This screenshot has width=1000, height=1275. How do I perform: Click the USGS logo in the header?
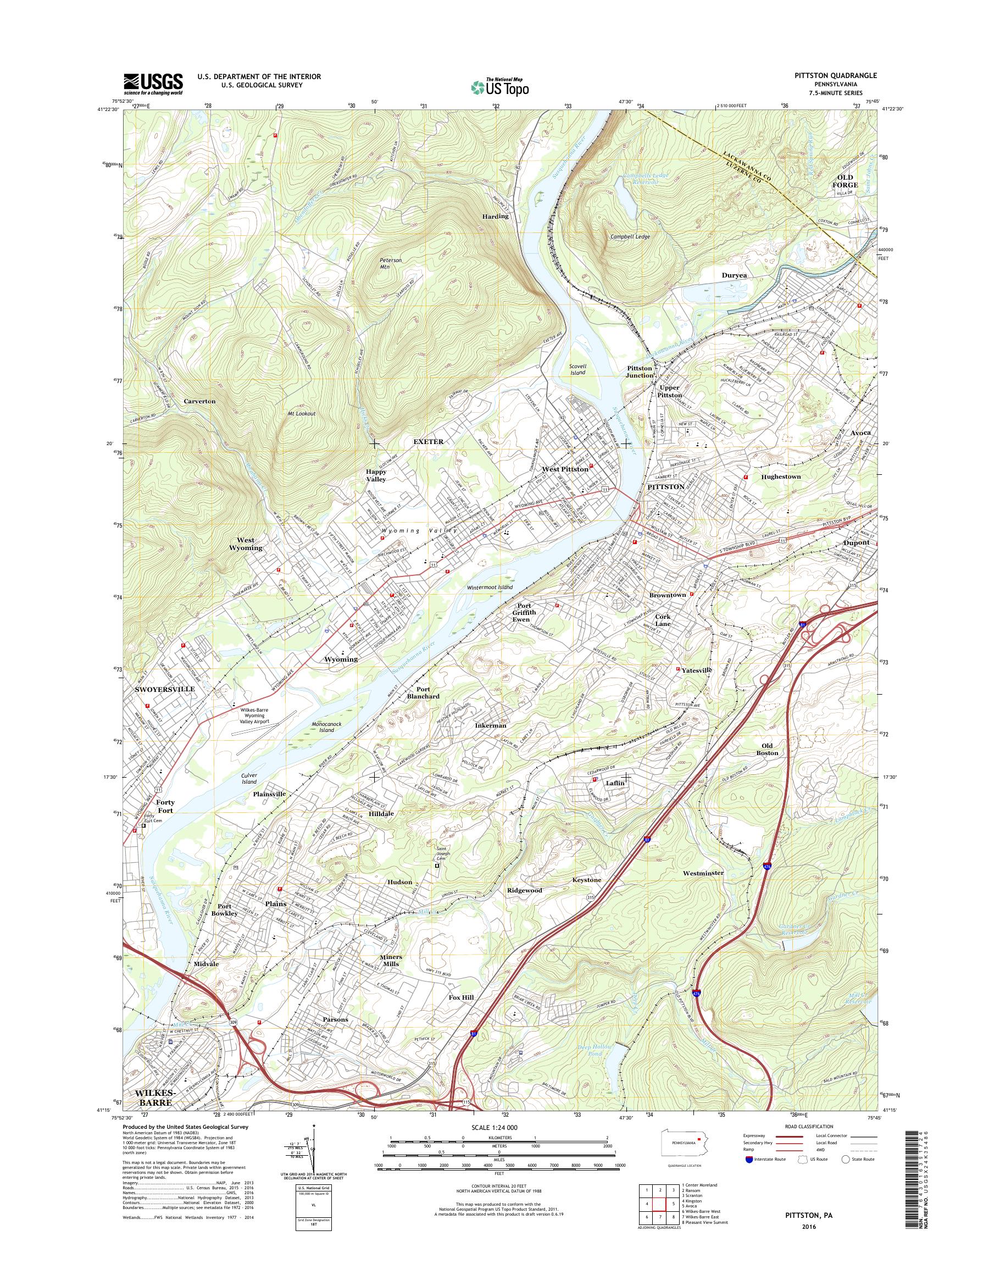point(153,84)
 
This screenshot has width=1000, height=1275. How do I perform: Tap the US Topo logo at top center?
point(499,87)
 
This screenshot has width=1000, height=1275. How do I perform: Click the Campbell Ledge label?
point(630,237)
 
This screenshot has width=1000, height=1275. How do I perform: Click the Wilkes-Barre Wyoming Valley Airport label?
point(253,716)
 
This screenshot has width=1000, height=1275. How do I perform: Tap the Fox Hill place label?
point(461,997)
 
